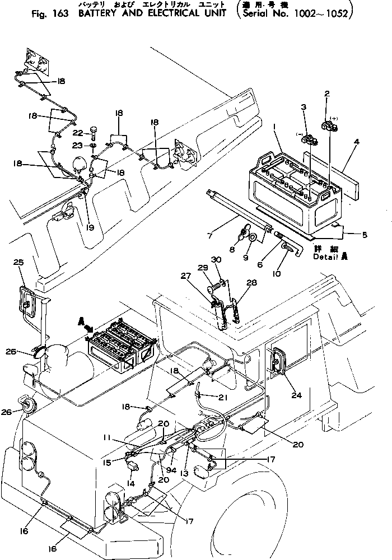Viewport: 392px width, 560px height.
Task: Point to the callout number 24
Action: coord(297,396)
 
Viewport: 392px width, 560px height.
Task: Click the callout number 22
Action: coord(78,132)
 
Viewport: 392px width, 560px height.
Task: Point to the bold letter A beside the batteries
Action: coord(82,322)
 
